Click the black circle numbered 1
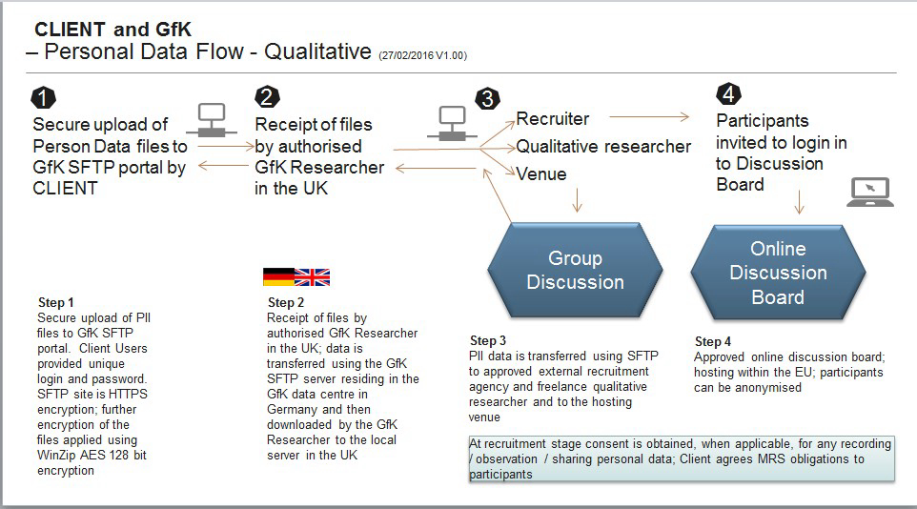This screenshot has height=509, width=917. [x=43, y=98]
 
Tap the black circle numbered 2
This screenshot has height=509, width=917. [x=267, y=96]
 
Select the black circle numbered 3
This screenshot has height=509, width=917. [x=488, y=99]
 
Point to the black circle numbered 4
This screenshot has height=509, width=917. [x=728, y=93]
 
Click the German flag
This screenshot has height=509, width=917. [x=278, y=276]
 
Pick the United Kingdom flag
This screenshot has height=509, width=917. [x=313, y=276]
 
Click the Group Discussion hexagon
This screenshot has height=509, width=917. [x=575, y=271]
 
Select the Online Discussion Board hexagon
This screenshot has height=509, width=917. [x=778, y=273]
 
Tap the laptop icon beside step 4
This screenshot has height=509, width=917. [x=870, y=192]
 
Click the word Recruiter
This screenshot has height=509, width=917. [x=553, y=119]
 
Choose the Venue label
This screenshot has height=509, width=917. [x=541, y=173]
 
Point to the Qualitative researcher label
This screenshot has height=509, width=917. [x=603, y=146]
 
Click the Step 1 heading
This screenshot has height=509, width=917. [x=55, y=302]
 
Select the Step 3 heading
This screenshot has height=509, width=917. [x=488, y=340]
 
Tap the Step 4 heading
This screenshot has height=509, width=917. [x=712, y=341]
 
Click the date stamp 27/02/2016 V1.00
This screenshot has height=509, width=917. [x=423, y=55]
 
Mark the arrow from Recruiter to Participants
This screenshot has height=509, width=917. [x=649, y=117]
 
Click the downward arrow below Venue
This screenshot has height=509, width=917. [x=578, y=200]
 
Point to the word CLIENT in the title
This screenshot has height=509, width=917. [x=70, y=30]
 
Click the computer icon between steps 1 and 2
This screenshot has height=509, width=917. [x=212, y=119]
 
